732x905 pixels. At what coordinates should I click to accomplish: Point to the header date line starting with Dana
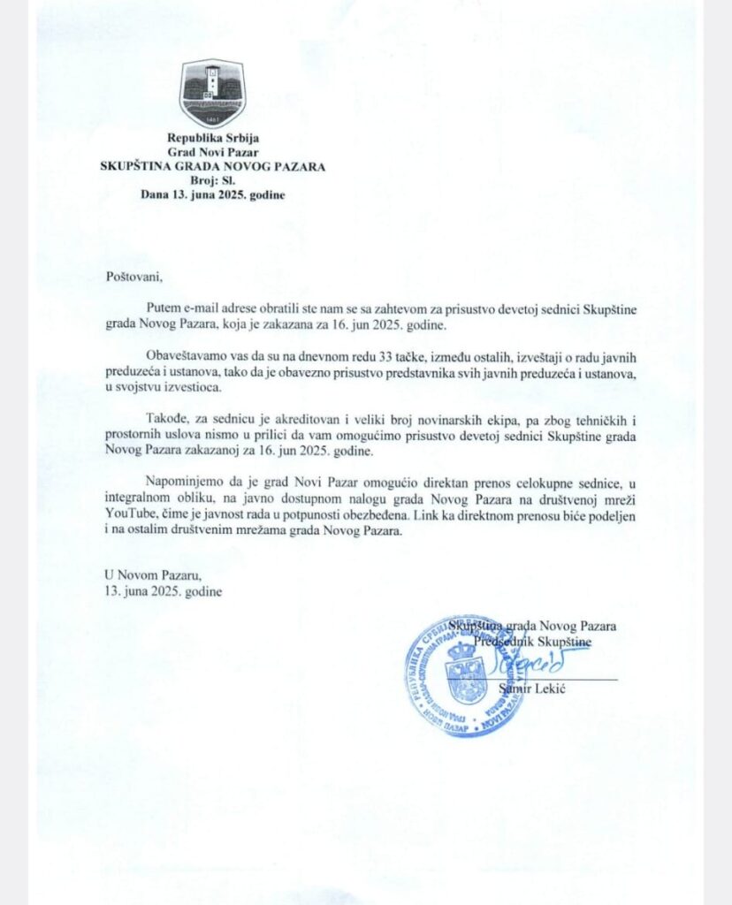(x=212, y=194)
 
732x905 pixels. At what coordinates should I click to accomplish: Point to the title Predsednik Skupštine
(x=533, y=640)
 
